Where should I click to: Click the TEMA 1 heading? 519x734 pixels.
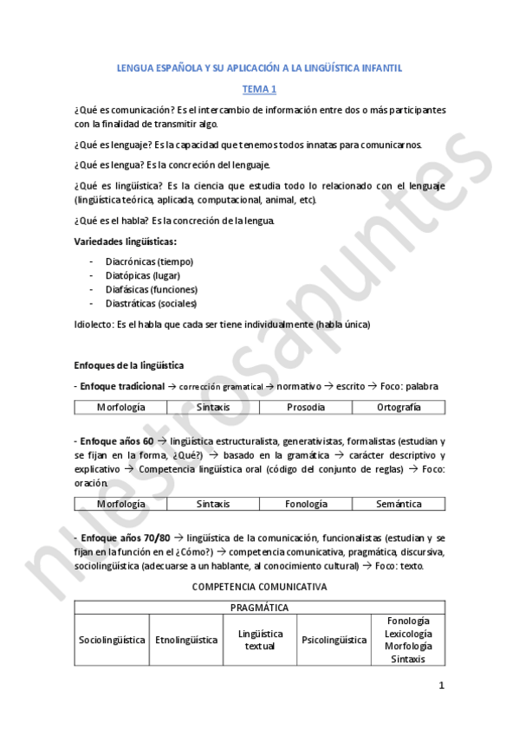(x=259, y=89)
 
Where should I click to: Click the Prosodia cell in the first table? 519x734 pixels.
(x=306, y=407)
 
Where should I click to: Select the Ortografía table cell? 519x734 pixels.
(x=399, y=407)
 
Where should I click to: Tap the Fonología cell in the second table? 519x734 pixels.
(x=306, y=504)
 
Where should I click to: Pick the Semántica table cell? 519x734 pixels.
(x=399, y=504)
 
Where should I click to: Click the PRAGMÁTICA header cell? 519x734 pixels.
(x=259, y=608)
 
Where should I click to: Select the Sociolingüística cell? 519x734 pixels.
(x=112, y=641)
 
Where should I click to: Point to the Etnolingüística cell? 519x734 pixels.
(x=186, y=641)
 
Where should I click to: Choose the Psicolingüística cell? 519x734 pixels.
(x=334, y=641)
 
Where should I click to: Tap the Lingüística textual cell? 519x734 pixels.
(x=260, y=641)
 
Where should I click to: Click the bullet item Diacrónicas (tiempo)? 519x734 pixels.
(x=149, y=261)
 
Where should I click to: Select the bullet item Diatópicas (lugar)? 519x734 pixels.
(x=142, y=275)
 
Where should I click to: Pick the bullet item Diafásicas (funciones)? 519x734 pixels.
(x=151, y=289)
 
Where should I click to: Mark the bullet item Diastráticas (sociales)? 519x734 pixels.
(x=151, y=304)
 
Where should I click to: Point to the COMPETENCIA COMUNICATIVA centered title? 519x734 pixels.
(x=259, y=586)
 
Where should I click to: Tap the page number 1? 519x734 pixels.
(x=441, y=686)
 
